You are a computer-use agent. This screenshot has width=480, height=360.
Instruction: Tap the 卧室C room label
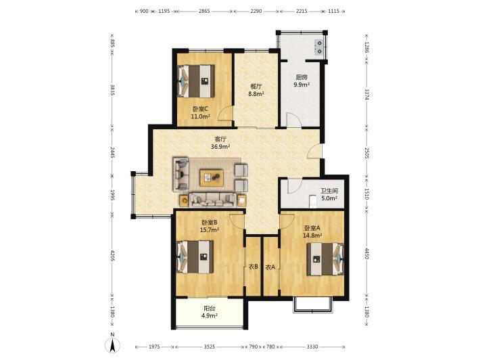201,109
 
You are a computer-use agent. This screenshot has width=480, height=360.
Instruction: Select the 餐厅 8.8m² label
256,91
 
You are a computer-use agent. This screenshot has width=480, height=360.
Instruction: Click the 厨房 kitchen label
302,77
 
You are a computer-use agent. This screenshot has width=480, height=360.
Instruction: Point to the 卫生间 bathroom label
329,191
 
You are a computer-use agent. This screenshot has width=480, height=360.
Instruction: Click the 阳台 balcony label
210,309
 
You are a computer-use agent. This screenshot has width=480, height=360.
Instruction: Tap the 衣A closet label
270,267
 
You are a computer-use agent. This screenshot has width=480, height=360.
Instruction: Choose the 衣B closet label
253,267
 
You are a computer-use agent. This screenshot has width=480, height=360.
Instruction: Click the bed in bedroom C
196,81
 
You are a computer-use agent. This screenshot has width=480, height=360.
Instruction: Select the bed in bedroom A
325,259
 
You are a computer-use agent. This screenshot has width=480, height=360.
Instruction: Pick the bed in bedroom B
195,256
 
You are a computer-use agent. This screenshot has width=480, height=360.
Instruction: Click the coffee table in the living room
212,178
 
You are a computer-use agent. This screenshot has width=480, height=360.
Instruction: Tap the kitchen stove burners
319,47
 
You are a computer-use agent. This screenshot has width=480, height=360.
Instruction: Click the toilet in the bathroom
313,201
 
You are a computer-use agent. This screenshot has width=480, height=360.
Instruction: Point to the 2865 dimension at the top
204,11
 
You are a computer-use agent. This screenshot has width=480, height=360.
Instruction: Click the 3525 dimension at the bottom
210,347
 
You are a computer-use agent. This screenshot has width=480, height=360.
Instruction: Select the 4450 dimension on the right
366,253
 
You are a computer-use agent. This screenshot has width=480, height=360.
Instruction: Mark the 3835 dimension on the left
112,90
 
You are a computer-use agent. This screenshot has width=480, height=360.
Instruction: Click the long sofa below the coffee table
213,200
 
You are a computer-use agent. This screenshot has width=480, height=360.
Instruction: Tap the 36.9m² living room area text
220,147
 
